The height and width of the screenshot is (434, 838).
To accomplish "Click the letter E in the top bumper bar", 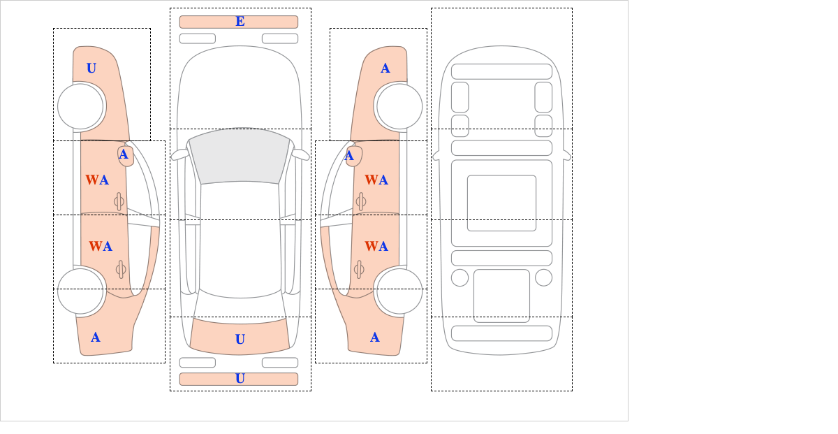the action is (x=240, y=22).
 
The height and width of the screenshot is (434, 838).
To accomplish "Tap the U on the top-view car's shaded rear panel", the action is (x=240, y=339).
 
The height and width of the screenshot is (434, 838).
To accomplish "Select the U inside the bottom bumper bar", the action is (x=240, y=379).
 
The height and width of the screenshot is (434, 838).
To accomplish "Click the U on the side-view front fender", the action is (x=91, y=68).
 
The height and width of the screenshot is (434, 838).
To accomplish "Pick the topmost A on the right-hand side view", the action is (x=385, y=68).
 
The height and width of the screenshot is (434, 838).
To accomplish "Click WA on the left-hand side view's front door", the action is (x=97, y=180).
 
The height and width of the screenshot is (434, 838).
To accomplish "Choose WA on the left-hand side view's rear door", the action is (x=101, y=247).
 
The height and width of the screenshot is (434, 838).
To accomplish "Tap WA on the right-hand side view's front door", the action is (x=376, y=180).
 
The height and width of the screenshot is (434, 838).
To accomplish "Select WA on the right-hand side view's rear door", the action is (x=376, y=247).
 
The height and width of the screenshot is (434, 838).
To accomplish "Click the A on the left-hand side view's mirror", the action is (x=124, y=154).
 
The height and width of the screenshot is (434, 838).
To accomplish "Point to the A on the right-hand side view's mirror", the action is (x=349, y=156).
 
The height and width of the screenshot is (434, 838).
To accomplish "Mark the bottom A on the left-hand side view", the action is (x=96, y=338).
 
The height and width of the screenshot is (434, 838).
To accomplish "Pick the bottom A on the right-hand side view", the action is (x=375, y=338).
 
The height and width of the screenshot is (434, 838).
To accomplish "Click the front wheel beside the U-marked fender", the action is (x=80, y=107).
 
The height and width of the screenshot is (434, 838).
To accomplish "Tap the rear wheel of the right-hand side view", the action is (x=399, y=291).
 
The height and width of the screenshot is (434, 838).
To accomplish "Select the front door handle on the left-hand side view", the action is (x=119, y=201).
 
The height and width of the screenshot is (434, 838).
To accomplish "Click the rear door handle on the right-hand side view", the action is (x=359, y=269).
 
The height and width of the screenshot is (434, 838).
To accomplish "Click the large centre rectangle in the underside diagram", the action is (x=501, y=203).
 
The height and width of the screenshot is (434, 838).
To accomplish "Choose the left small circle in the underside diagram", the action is (x=460, y=278).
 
